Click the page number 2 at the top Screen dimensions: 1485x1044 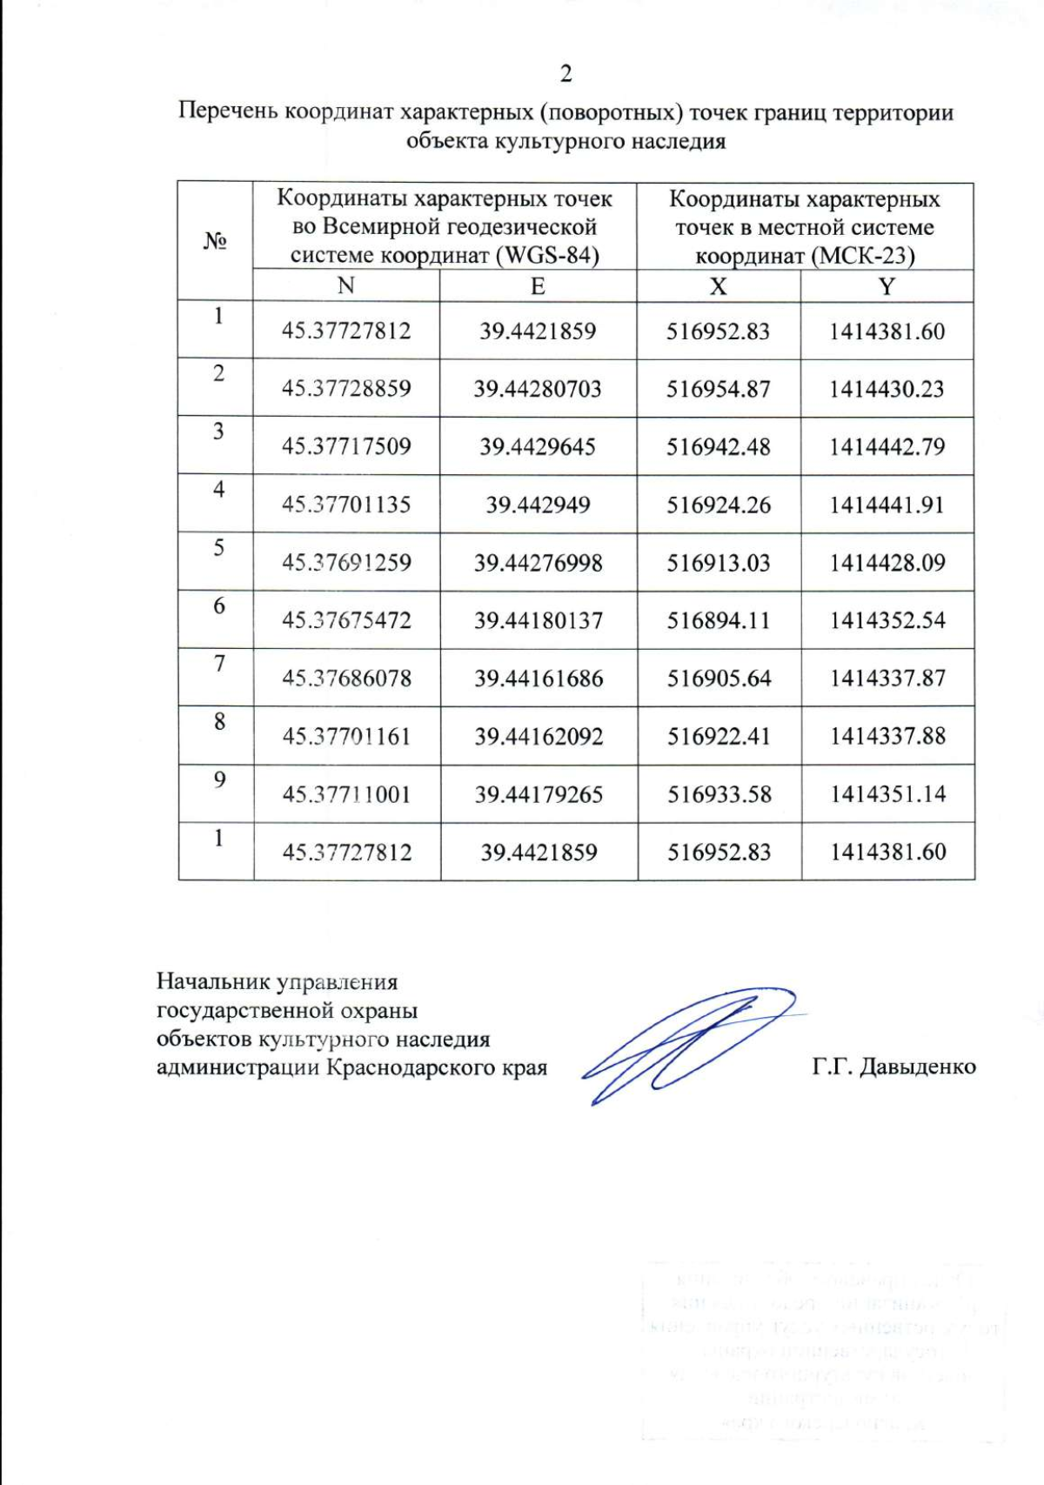565,74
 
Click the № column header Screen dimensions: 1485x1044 215,241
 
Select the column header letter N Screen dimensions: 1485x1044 345,286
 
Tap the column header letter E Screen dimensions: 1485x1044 538,286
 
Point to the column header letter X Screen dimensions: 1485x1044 718,286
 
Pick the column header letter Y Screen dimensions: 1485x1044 886,286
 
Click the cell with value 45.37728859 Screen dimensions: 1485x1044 345,389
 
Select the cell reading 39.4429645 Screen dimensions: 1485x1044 538,447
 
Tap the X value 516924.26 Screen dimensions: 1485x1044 719,505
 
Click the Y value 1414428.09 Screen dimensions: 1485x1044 887,563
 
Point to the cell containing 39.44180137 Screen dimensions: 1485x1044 538,620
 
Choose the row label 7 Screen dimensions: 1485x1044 219,664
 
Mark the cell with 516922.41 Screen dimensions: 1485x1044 719,736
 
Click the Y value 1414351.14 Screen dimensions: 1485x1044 887,793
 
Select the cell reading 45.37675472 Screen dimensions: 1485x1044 345,620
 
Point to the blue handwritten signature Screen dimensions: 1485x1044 687,1044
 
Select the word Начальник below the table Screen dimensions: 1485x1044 213,982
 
